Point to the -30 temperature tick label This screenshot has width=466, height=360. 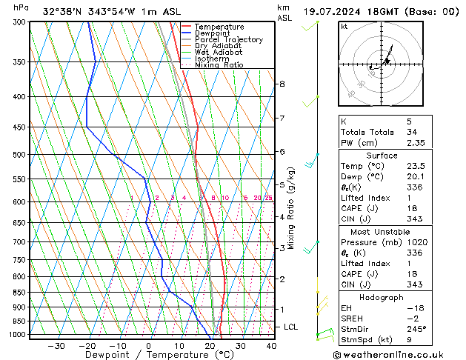point(56,345)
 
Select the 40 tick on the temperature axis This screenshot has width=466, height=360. point(271,345)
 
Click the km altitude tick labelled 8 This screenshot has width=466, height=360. point(282,84)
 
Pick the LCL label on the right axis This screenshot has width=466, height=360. point(291,327)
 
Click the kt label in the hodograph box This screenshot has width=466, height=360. point(344,27)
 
